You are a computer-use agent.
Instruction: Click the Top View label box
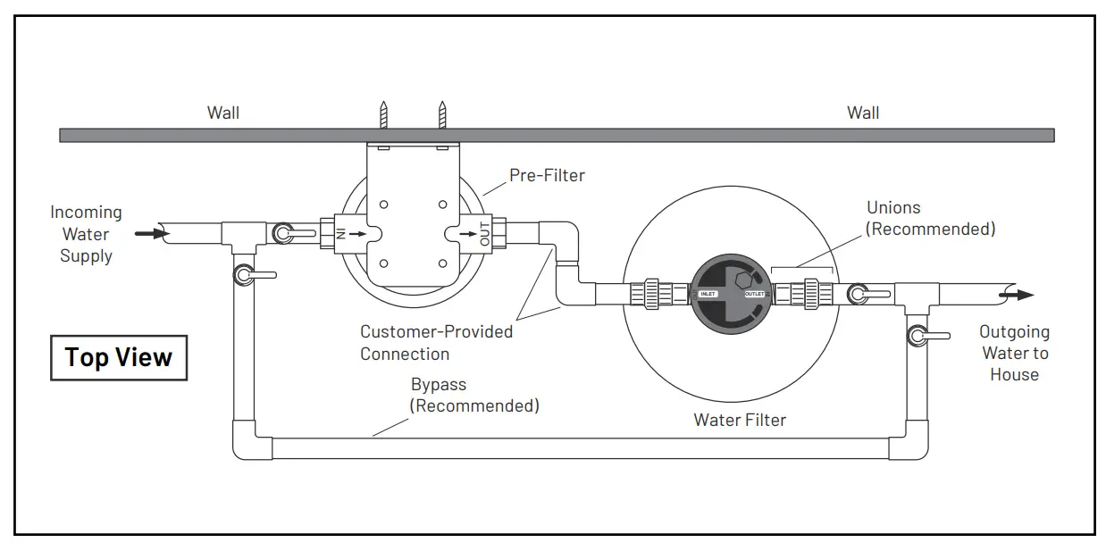click(119, 357)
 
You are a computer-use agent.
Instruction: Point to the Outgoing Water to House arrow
click(1018, 295)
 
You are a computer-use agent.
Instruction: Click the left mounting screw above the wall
click(384, 115)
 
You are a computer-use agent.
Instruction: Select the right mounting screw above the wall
click(440, 115)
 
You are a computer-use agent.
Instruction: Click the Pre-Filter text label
click(547, 175)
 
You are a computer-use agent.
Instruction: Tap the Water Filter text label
click(740, 420)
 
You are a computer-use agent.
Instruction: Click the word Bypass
click(439, 385)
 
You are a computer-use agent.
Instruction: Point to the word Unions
click(893, 207)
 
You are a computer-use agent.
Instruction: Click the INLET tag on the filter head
click(708, 294)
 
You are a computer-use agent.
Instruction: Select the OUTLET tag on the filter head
click(755, 294)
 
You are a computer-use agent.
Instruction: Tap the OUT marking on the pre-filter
click(485, 234)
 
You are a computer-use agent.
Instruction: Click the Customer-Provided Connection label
click(436, 343)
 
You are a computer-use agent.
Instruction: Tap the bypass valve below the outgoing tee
click(918, 336)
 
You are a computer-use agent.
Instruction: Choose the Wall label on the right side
click(863, 113)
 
